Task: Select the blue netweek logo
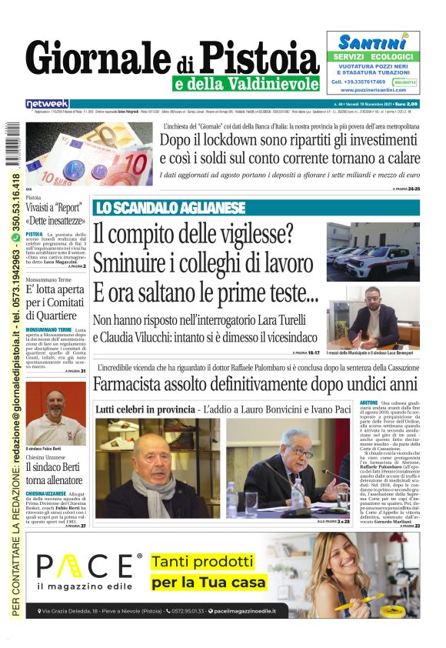[x=47, y=104]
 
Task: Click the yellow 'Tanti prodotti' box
[x=208, y=572]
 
